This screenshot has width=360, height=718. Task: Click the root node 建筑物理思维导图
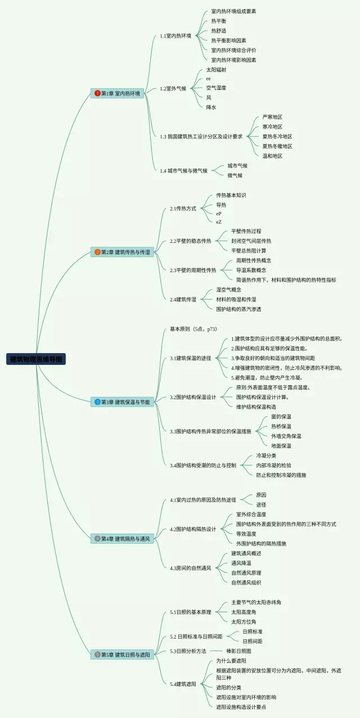(37, 359)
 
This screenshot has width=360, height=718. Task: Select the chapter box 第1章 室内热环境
(117, 93)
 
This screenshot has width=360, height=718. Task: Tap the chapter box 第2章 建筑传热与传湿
(122, 252)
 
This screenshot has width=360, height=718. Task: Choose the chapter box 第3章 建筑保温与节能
(122, 402)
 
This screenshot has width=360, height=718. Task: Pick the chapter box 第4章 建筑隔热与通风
(122, 539)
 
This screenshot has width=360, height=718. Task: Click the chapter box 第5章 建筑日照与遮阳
(122, 654)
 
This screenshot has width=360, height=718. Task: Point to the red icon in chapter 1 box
(97, 93)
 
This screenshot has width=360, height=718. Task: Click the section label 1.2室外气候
(173, 88)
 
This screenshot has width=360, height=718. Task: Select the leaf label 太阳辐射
(216, 70)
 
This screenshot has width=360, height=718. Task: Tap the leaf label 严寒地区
(272, 117)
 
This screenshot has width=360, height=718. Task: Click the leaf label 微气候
(235, 175)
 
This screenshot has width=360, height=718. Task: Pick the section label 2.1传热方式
(183, 209)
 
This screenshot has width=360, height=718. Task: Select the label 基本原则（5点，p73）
(193, 329)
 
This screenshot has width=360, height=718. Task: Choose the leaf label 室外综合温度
(251, 514)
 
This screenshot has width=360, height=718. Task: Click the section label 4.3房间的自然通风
(191, 568)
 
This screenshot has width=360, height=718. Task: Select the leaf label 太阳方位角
(244, 621)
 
